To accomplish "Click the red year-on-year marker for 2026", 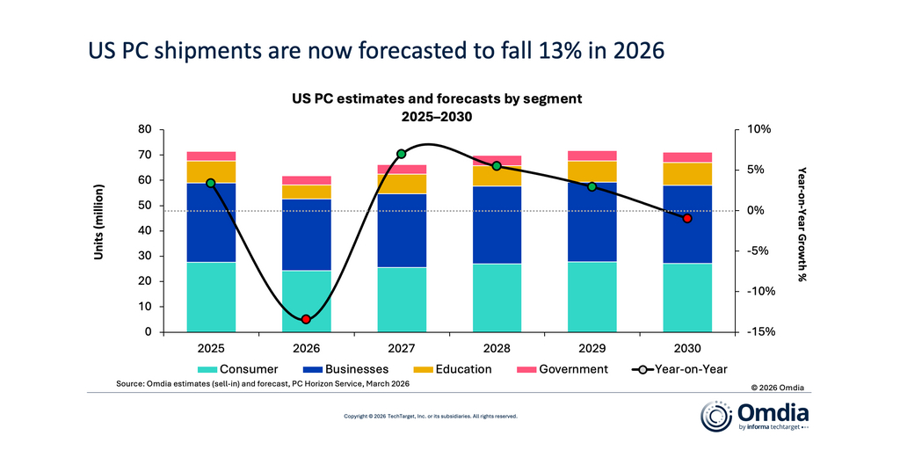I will [306, 319].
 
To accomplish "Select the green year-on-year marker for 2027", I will [402, 154].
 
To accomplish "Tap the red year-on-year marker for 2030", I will [687, 218].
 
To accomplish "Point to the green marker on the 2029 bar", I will [592, 186].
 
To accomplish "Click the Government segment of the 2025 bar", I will [211, 156].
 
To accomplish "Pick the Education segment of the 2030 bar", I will [687, 174].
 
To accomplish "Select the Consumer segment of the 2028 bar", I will [497, 298].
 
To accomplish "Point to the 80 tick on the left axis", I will [146, 129].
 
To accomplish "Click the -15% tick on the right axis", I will [758, 332].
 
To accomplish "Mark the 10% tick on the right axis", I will [758, 129].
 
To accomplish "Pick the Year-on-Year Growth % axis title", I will [801, 224].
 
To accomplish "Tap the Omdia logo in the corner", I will [755, 416].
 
